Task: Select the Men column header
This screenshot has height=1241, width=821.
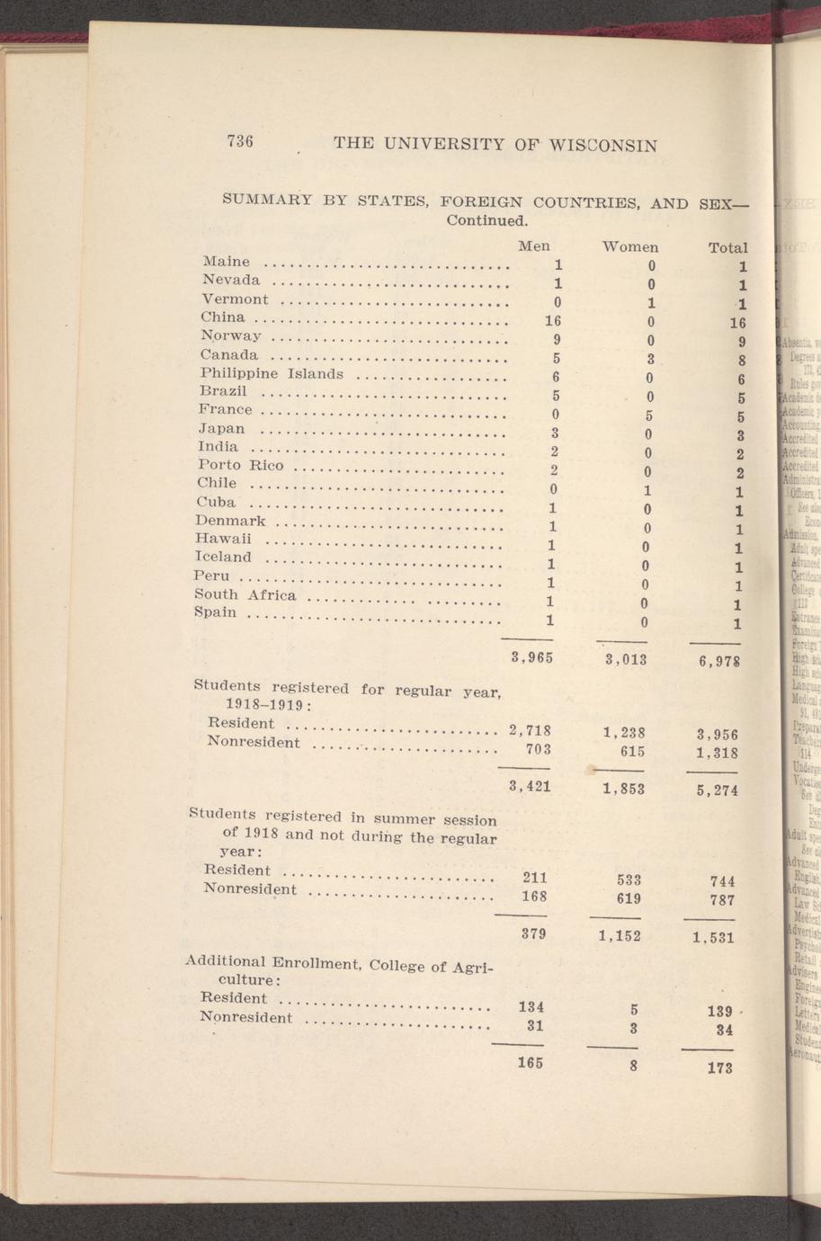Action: [534, 246]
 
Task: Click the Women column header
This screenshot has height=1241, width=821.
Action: [629, 246]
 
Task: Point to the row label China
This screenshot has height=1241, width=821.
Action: [223, 317]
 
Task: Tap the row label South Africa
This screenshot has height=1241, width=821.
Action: [245, 594]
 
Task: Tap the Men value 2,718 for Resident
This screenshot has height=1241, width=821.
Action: [530, 728]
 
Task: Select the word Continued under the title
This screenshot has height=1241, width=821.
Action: [485, 219]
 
